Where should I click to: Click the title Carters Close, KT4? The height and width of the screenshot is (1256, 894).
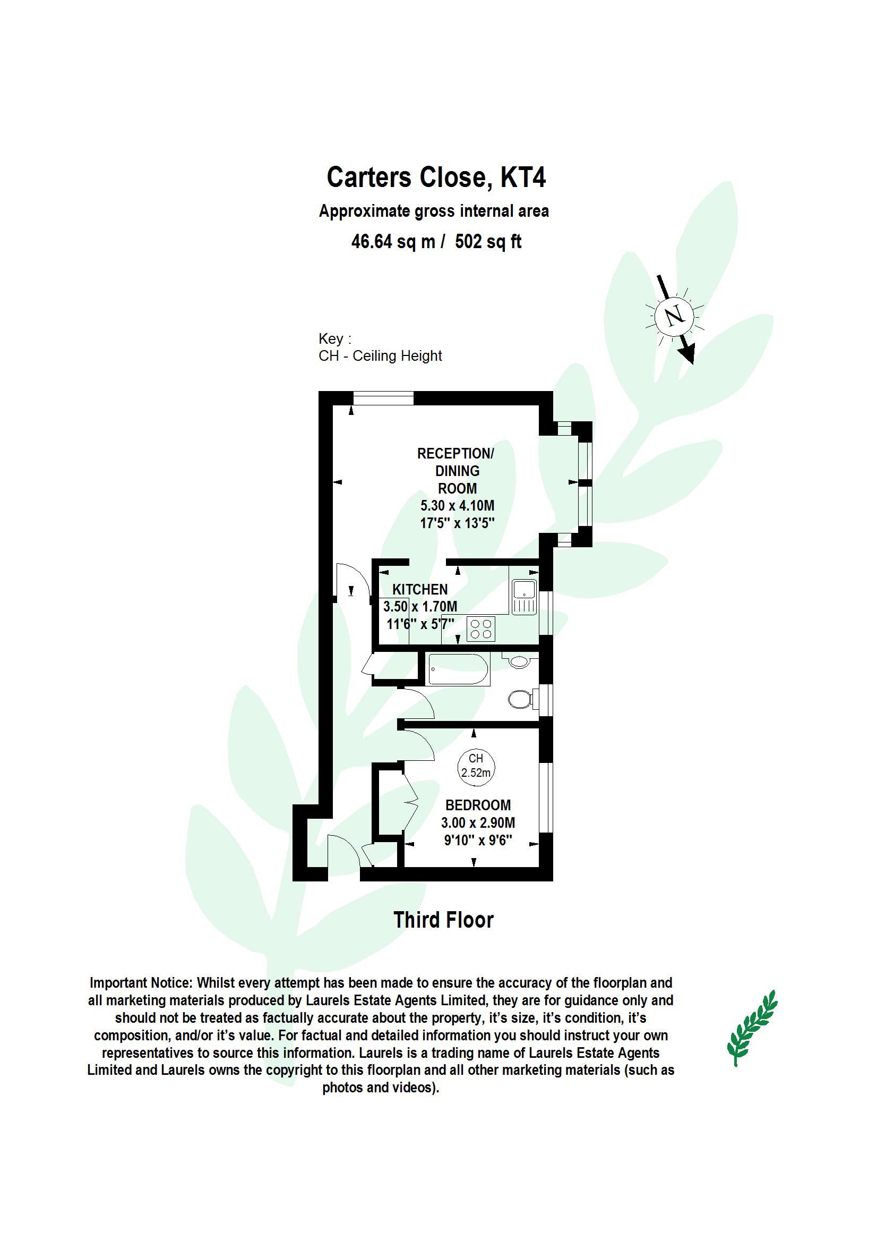click(436, 177)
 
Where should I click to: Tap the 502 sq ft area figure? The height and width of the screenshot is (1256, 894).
click(488, 241)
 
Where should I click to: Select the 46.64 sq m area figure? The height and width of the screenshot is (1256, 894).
click(393, 241)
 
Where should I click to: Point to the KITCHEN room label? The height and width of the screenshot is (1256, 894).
click(420, 589)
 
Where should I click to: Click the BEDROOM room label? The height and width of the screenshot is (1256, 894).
click(478, 805)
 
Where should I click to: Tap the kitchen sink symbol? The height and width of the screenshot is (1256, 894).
click(523, 597)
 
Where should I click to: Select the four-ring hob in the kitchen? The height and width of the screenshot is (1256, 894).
click(480, 629)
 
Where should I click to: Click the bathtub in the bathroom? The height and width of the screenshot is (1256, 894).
click(458, 669)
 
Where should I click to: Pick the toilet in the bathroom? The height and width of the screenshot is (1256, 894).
click(520, 700)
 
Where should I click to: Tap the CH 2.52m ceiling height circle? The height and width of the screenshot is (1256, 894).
click(476, 766)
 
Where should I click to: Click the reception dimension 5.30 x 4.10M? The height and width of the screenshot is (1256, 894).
click(458, 505)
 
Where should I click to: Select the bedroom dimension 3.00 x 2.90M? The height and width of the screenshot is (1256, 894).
click(478, 823)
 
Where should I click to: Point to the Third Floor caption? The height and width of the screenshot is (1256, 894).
click(444, 920)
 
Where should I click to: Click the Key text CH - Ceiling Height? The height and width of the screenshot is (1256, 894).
click(380, 356)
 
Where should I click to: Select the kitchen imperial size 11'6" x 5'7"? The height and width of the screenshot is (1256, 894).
click(420, 624)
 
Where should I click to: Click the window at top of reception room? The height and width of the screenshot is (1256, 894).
click(383, 398)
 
